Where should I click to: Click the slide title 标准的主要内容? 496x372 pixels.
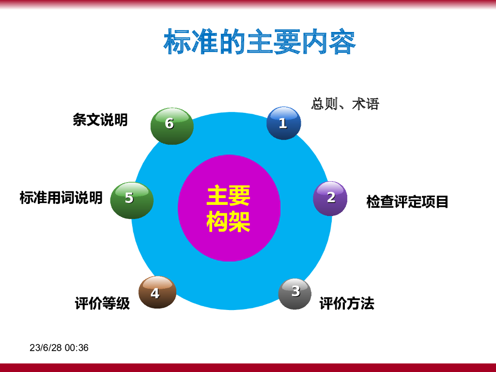point(260,42)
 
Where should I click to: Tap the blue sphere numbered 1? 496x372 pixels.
point(284,123)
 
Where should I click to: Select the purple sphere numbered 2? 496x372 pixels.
point(330,198)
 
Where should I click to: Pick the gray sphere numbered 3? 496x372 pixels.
point(295,294)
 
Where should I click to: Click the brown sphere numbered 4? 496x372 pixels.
point(157,292)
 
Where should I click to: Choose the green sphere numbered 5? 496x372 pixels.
point(132,200)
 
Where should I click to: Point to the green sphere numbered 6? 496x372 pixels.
point(172,126)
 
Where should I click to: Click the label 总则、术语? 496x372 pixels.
point(345,104)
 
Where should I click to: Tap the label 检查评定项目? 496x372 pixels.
point(407,201)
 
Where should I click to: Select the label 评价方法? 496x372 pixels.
point(347,303)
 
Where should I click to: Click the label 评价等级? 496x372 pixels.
point(102,303)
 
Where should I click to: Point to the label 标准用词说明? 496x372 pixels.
point(61,198)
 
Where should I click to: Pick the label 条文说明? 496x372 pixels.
point(100,120)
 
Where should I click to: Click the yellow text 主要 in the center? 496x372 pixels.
point(229,196)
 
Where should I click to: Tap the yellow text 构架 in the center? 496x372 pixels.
point(229,221)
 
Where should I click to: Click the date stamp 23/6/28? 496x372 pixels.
point(46,348)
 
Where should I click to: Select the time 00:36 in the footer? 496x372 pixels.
point(77,348)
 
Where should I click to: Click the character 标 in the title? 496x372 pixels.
point(177,42)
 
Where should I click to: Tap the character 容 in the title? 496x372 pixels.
point(342,42)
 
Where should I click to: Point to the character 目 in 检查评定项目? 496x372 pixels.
point(442,202)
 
